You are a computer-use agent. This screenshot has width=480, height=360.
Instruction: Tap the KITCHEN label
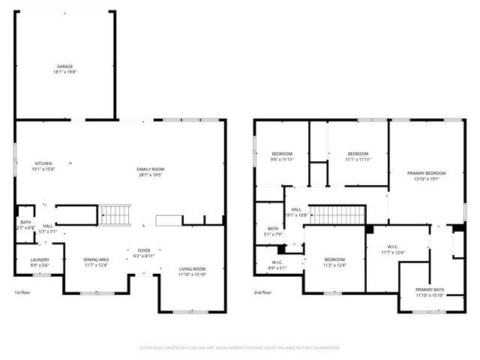[x=43, y=166]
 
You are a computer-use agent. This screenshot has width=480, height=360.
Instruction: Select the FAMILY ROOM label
[x=150, y=172]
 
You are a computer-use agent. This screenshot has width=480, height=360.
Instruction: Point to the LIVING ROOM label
[x=192, y=271]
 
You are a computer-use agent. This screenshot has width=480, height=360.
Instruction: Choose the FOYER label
[x=143, y=253]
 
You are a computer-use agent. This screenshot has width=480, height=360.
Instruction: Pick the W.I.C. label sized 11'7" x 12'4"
[x=392, y=249]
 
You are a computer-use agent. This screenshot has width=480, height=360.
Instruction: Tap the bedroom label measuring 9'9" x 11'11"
[x=282, y=156]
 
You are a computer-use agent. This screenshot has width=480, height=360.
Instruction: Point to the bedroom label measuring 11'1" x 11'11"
[x=358, y=156]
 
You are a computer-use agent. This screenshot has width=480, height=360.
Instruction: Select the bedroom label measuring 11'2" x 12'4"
[x=334, y=262]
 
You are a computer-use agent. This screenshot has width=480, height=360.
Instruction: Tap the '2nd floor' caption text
[x=262, y=292]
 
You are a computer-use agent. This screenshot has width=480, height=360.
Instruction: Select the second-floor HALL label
[x=296, y=212]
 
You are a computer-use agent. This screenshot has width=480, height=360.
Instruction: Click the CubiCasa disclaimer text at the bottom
[x=240, y=347]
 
